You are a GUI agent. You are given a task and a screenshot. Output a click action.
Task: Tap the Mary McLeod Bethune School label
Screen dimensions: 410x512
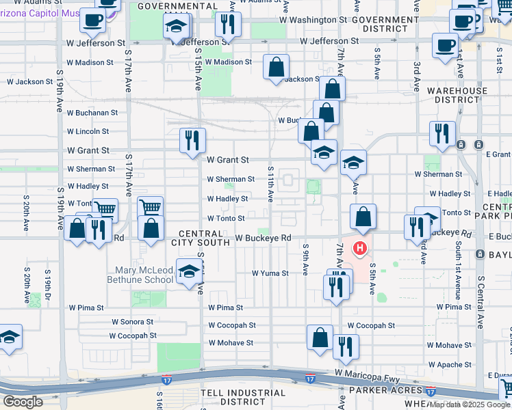140,274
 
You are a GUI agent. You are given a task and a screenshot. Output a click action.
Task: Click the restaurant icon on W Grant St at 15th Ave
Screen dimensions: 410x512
192,139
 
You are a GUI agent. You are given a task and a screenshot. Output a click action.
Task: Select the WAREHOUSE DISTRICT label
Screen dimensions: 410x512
457,95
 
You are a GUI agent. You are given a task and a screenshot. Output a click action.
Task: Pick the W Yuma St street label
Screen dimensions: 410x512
270,273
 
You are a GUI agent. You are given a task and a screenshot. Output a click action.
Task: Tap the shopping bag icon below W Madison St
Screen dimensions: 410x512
276,68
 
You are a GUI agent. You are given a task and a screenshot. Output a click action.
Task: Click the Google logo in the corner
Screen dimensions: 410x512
23,402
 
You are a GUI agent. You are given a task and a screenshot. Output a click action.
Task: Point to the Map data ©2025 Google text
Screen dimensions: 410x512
470,405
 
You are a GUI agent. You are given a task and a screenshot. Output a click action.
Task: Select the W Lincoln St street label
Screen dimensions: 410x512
88,131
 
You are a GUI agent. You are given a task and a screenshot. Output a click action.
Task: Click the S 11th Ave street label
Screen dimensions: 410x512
271,184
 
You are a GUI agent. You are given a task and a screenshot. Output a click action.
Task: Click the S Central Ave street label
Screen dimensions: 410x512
481,300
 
